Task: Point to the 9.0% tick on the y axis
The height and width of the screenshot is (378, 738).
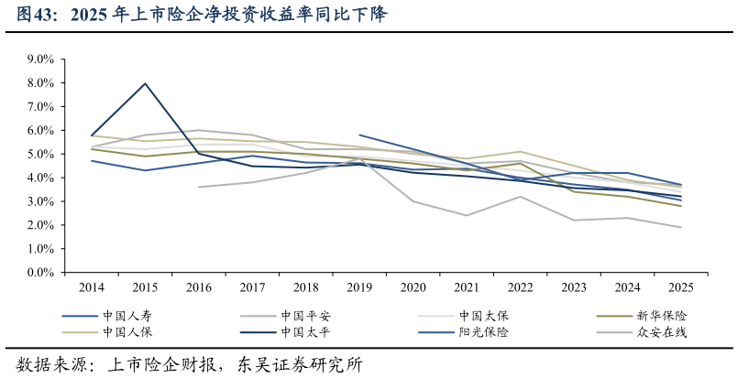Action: [41, 59]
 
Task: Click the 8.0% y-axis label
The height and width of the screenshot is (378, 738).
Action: [41, 83]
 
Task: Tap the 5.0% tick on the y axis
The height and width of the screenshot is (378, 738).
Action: [41, 154]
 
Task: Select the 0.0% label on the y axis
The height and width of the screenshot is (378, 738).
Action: [41, 273]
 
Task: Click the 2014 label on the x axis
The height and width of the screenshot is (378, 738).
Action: [92, 287]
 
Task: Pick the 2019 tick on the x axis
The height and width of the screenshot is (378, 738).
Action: [359, 287]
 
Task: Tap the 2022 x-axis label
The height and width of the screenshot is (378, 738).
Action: [520, 287]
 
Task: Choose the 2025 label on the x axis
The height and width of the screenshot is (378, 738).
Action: [680, 287]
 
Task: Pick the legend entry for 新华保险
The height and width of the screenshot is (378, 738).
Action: [661, 316]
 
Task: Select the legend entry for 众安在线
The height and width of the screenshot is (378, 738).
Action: [661, 332]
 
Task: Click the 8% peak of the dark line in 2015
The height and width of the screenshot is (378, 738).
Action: [145, 83]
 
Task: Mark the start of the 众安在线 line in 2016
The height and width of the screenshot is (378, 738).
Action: [199, 187]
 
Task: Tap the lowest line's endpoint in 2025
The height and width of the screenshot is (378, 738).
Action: [680, 227]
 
